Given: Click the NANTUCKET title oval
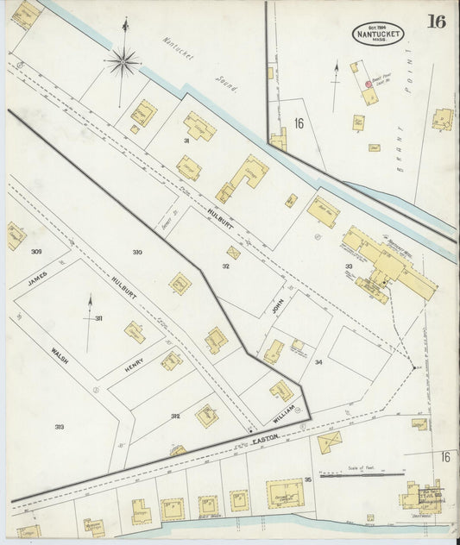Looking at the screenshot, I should point(378,33).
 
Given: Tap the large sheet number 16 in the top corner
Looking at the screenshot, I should point(437,22).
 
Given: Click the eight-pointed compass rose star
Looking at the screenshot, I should point(123,61).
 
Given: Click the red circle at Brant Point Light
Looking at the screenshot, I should point(368,84).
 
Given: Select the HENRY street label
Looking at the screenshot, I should point(134,368).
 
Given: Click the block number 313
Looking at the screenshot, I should point(60,427).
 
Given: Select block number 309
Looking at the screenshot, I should point(35,252).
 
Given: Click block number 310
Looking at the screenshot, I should point(137,252).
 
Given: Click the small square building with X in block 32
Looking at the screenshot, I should point(233,253).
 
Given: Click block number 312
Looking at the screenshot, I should point(175,416).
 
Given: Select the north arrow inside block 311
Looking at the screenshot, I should point(90,319).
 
